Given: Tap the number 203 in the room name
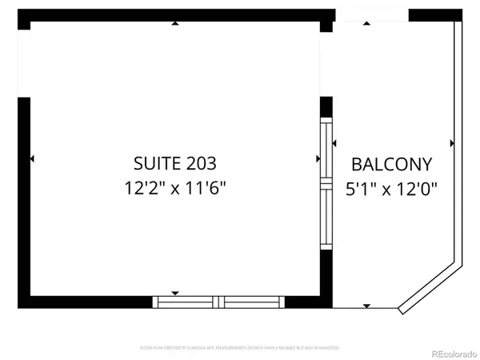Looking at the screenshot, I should pyautogui.click(x=199, y=164).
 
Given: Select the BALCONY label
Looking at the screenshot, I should pyautogui.click(x=392, y=165).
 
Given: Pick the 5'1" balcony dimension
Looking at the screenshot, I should pyautogui.click(x=362, y=190).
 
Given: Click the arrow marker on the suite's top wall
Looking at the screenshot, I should pyautogui.click(x=176, y=23).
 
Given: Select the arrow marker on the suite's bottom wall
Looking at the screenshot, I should pyautogui.click(x=176, y=293).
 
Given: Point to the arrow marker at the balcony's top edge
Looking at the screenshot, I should pyautogui.click(x=367, y=23).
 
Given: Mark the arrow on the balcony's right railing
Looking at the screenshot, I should pyautogui.click(x=452, y=144).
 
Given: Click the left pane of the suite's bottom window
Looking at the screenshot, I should pyautogui.click(x=185, y=302).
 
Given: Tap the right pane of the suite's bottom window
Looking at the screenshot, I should pyautogui.click(x=251, y=302).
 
